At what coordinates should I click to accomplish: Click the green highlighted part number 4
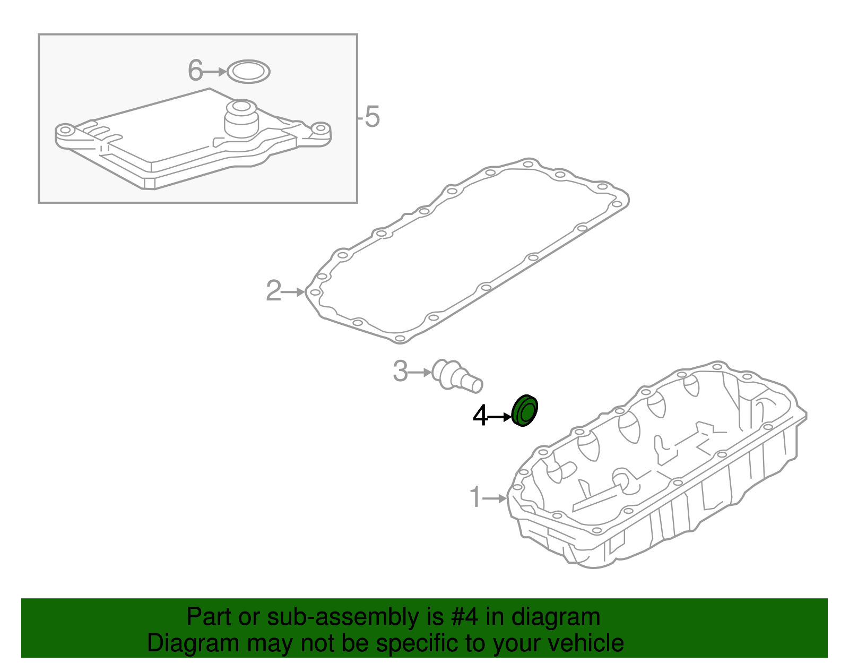525,411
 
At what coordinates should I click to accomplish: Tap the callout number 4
480,416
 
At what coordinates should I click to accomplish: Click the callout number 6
195,71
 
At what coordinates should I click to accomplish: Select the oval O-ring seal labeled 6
248,72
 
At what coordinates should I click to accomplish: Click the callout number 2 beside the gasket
273,291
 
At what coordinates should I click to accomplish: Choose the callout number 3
400,371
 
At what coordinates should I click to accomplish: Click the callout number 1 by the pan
475,497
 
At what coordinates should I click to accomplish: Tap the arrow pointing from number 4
499,417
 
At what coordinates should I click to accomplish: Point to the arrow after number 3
421,372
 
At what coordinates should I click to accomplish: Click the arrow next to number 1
495,498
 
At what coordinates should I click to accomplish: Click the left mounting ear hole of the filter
65,130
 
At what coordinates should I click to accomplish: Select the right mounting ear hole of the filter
320,129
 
